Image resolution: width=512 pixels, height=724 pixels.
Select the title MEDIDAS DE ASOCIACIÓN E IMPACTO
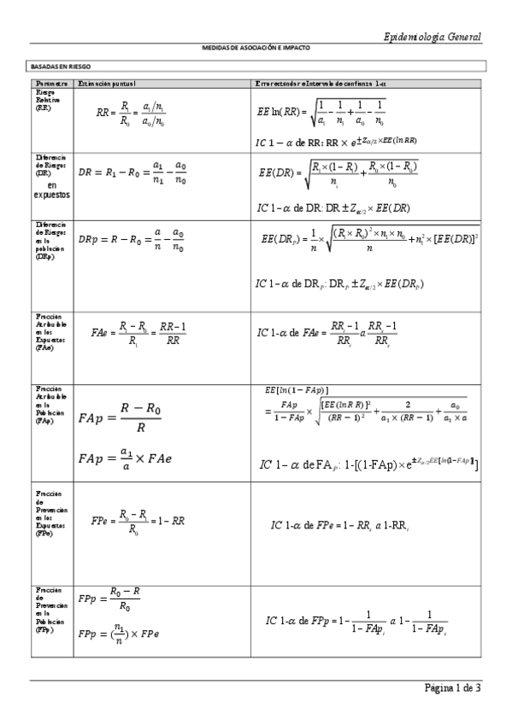(x=256, y=48)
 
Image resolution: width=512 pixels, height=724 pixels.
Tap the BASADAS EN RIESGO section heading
(x=61, y=66)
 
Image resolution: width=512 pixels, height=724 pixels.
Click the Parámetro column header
(x=51, y=83)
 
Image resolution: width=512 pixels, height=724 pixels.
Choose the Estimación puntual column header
(x=107, y=83)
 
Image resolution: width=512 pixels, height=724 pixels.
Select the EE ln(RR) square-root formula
(x=321, y=111)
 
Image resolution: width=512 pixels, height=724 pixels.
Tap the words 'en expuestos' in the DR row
(x=53, y=190)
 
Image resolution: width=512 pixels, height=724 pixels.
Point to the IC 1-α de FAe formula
(x=327, y=333)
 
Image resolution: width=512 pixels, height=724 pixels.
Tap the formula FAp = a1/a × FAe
(x=125, y=458)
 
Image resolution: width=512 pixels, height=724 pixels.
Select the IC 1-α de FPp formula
(x=356, y=622)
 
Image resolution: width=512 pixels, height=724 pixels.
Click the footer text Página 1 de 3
(x=452, y=688)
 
